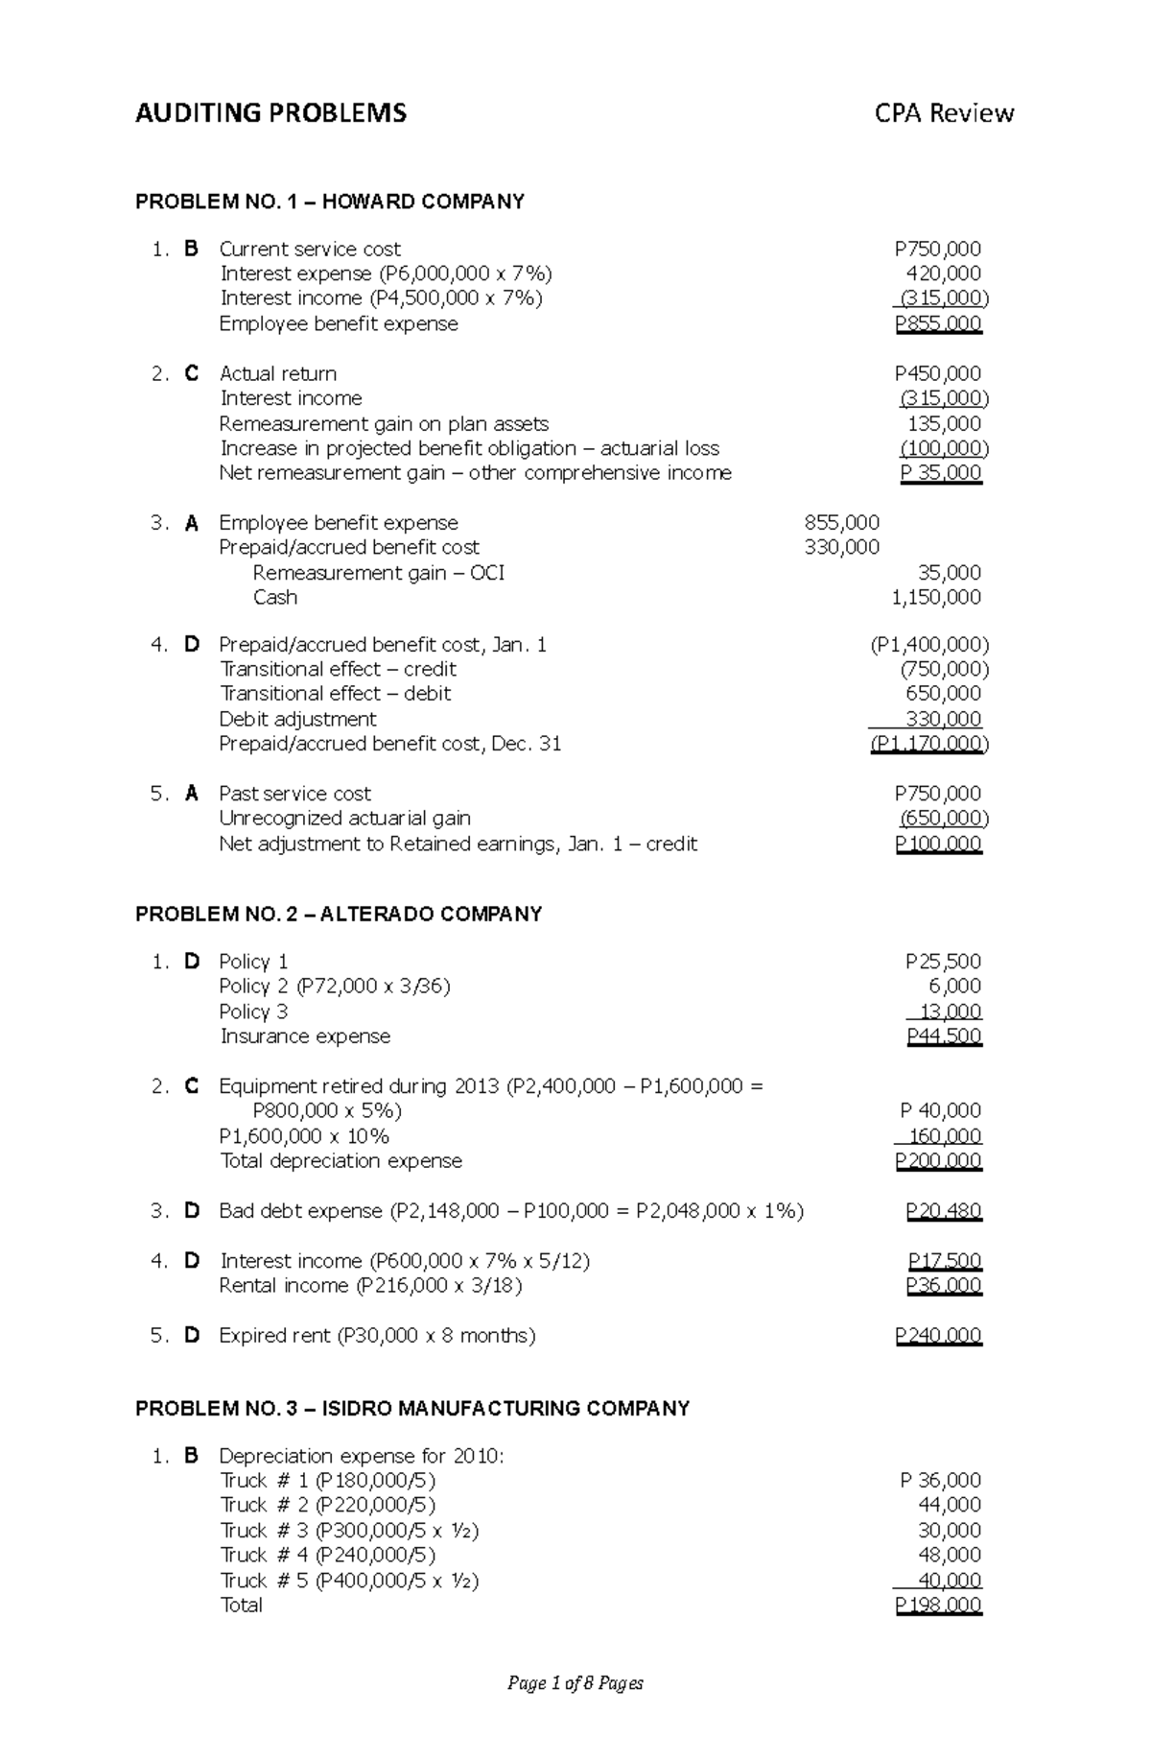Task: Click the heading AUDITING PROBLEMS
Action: pyautogui.click(x=270, y=113)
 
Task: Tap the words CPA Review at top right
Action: pyautogui.click(x=943, y=113)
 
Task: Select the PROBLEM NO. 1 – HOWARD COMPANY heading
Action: pyautogui.click(x=329, y=202)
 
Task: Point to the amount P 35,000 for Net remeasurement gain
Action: pyautogui.click(x=940, y=472)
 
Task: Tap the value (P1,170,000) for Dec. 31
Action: pyautogui.click(x=928, y=744)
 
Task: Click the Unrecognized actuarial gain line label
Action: pyautogui.click(x=344, y=818)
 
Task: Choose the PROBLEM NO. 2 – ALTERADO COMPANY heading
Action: pyautogui.click(x=339, y=914)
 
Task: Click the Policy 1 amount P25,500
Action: pyautogui.click(x=942, y=961)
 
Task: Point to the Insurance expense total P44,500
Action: pyautogui.click(x=943, y=1035)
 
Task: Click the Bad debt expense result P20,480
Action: pyautogui.click(x=943, y=1210)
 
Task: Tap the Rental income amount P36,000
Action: pyautogui.click(x=943, y=1285)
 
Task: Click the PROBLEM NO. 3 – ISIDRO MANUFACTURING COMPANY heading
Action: pyautogui.click(x=412, y=1408)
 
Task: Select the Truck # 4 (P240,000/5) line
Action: pyautogui.click(x=327, y=1555)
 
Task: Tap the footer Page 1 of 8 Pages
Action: pyautogui.click(x=575, y=1682)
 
